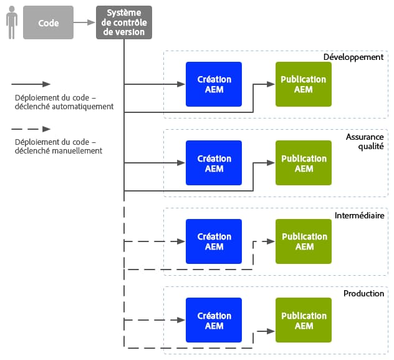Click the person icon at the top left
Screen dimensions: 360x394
tap(11, 23)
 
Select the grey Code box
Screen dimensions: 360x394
tap(48, 23)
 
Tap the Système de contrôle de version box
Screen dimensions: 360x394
tap(124, 23)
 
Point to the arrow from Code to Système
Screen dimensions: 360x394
tap(84, 23)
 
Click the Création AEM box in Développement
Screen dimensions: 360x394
tap(214, 84)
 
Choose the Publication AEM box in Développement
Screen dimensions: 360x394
tap(304, 84)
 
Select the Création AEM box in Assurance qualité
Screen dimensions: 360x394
tap(214, 163)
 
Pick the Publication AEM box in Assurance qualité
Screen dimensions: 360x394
tap(304, 163)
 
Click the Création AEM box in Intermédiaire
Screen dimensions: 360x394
tap(214, 241)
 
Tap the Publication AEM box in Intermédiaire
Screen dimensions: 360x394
tap(304, 241)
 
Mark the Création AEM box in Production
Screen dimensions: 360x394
tap(214, 320)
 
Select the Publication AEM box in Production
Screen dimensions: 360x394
tap(304, 320)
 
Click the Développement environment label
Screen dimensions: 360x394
tap(353, 57)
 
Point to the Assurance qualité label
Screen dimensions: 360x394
tap(365, 141)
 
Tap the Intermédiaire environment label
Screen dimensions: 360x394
tap(359, 215)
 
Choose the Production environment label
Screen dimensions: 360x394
tap(363, 293)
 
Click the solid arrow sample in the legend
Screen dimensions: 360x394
tap(31, 84)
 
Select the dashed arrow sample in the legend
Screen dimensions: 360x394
tap(31, 129)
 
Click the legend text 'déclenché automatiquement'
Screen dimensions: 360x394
tap(64, 106)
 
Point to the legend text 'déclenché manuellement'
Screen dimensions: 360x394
tap(59, 151)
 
